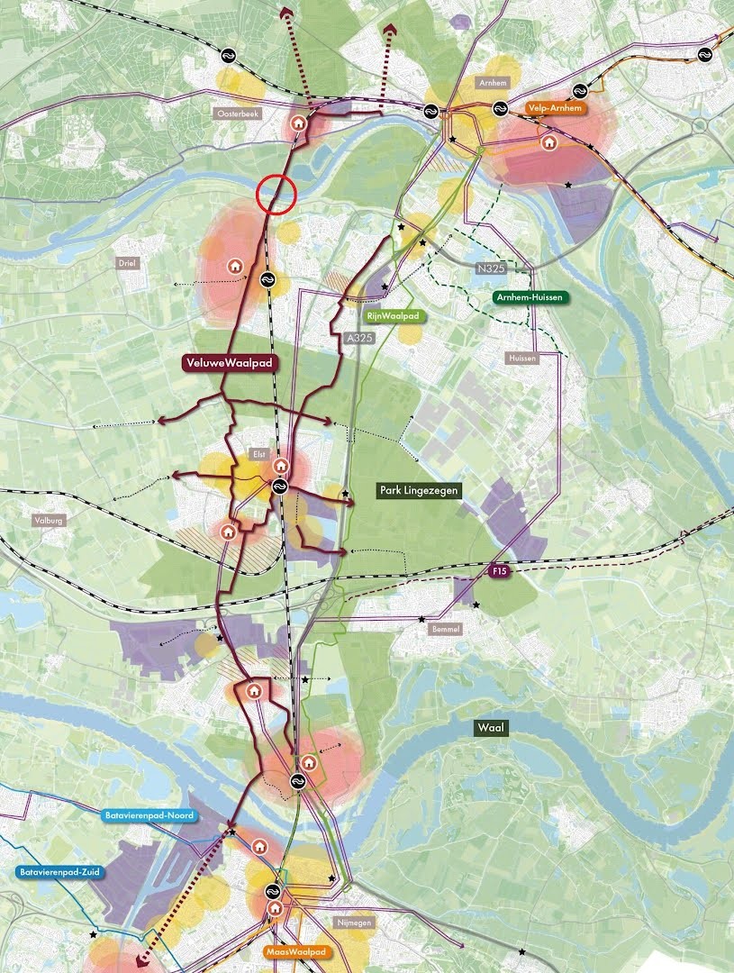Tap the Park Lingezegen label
pyautogui.click(x=420, y=490)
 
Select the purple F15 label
pyautogui.click(x=500, y=572)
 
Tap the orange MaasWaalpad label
pyautogui.click(x=295, y=951)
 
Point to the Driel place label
pyautogui.click(x=124, y=263)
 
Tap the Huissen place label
pyautogui.click(x=521, y=358)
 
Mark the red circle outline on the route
pyautogui.click(x=276, y=193)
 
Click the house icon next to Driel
pyautogui.click(x=235, y=266)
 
